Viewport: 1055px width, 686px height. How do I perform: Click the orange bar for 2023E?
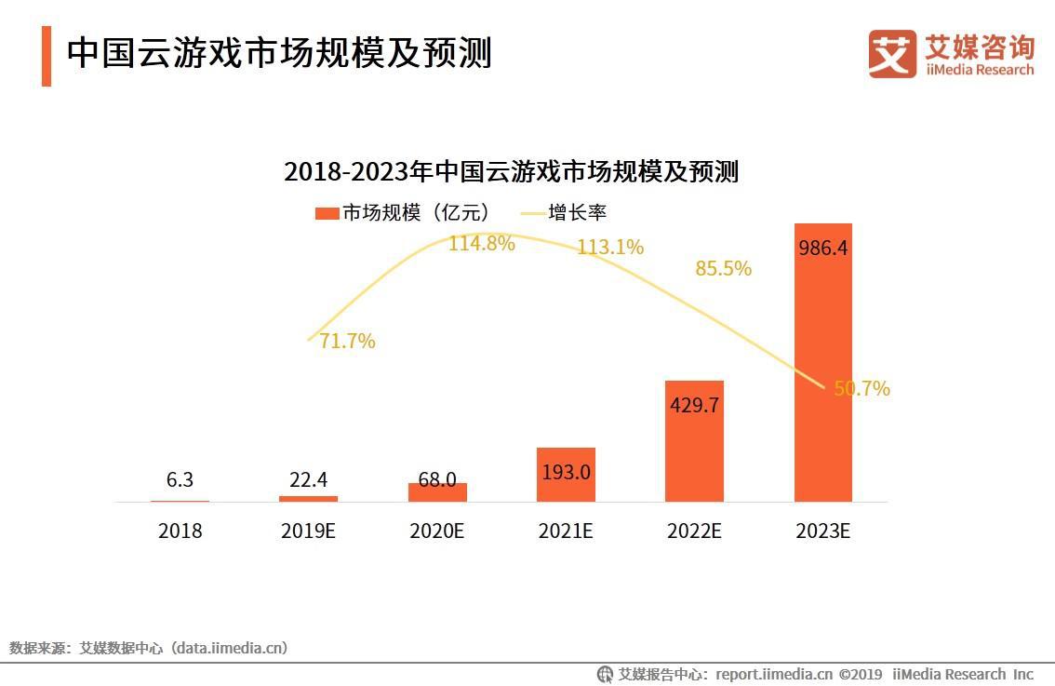(822, 372)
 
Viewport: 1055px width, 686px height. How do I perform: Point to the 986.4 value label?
(822, 249)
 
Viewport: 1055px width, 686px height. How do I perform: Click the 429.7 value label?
(694, 406)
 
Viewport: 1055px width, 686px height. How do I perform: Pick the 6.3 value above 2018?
(180, 479)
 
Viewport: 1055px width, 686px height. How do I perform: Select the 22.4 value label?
(308, 479)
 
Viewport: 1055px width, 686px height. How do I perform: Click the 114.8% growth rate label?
(481, 244)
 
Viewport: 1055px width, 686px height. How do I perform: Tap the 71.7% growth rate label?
(347, 342)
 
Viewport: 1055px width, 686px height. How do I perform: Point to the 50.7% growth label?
(861, 389)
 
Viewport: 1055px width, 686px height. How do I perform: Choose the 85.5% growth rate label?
(723, 269)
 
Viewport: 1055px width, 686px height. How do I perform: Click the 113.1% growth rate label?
(609, 248)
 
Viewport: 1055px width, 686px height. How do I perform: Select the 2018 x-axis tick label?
(180, 531)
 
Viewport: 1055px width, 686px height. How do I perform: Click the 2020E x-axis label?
(436, 531)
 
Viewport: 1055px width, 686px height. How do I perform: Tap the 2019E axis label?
(308, 531)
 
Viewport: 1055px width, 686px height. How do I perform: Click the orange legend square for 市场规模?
(327, 213)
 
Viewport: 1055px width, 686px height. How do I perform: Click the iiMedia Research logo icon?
(891, 54)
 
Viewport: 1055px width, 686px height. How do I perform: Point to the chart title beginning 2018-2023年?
(511, 172)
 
